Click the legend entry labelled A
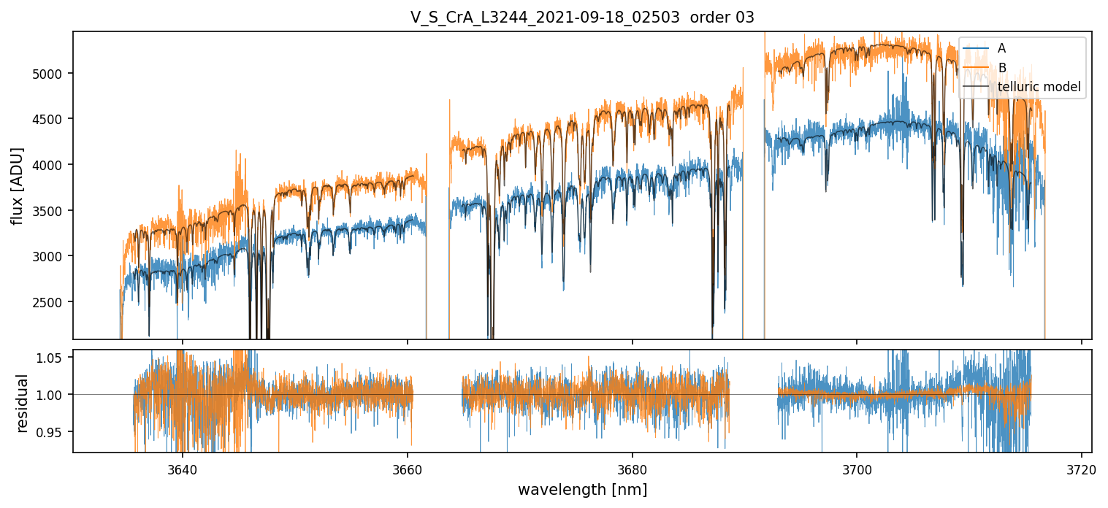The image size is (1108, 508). click(x=1001, y=48)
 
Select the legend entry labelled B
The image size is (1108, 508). click(x=1001, y=68)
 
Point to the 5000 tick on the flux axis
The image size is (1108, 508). click(x=52, y=74)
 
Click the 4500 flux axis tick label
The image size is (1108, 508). click(x=52, y=119)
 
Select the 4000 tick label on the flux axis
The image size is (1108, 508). click(x=52, y=165)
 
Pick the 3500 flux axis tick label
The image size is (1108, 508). click(x=52, y=211)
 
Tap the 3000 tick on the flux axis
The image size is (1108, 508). click(x=52, y=256)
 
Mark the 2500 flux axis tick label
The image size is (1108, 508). click(x=52, y=302)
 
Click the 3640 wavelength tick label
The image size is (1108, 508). click(x=182, y=468)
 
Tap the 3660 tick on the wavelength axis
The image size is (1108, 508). click(x=407, y=468)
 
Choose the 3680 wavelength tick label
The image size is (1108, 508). click(x=632, y=468)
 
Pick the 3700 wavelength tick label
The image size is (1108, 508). click(x=857, y=468)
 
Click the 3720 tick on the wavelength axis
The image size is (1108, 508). click(x=1082, y=468)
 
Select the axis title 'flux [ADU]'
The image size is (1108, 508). click(x=17, y=185)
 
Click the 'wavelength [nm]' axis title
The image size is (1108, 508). click(x=582, y=490)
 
